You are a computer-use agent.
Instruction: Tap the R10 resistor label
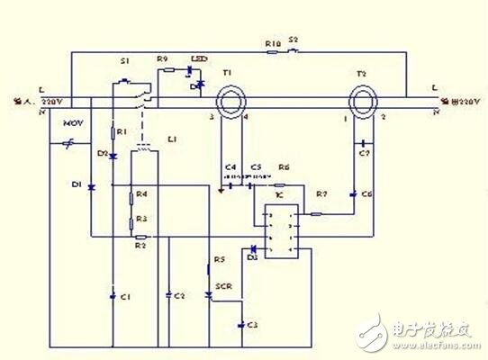pyautogui.click(x=274, y=42)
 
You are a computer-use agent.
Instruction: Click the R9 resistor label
pyautogui.click(x=162, y=59)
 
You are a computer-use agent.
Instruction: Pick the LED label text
pyautogui.click(x=199, y=59)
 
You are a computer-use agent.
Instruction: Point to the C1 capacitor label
pyautogui.click(x=125, y=296)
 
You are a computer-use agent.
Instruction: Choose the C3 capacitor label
pyautogui.click(x=252, y=324)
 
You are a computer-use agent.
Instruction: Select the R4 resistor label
pyautogui.click(x=142, y=194)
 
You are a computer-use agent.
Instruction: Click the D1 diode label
pyautogui.click(x=78, y=185)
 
